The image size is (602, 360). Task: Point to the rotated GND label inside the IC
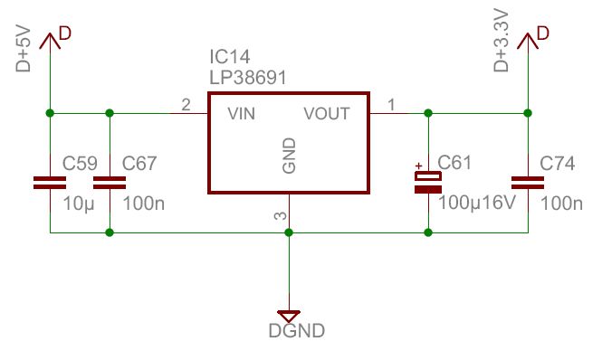pyautogui.click(x=289, y=156)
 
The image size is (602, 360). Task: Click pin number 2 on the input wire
pyautogui.click(x=186, y=106)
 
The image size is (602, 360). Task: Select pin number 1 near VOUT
pyautogui.click(x=391, y=106)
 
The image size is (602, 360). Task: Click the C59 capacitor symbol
pyautogui.click(x=49, y=182)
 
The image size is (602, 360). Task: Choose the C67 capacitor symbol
pyautogui.click(x=109, y=182)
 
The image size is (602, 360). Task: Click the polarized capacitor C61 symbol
pyautogui.click(x=428, y=182)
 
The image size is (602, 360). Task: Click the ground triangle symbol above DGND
pyautogui.click(x=289, y=315)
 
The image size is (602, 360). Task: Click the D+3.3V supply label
pyautogui.click(x=502, y=44)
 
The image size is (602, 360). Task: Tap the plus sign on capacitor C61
pyautogui.click(x=419, y=166)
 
